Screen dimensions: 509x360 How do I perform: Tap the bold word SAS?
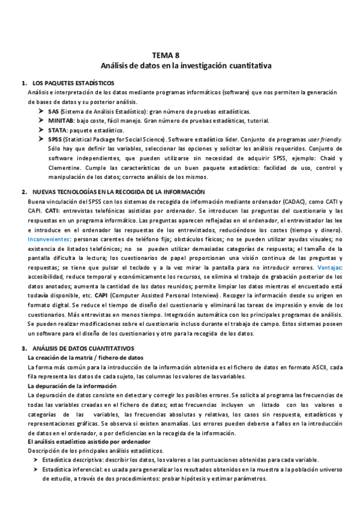53,112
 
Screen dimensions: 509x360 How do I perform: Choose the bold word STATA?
58,130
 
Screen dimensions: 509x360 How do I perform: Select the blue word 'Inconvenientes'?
48,239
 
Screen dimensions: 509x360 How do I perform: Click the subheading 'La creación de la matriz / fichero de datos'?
86,358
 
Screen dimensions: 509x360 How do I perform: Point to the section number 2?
23,191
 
